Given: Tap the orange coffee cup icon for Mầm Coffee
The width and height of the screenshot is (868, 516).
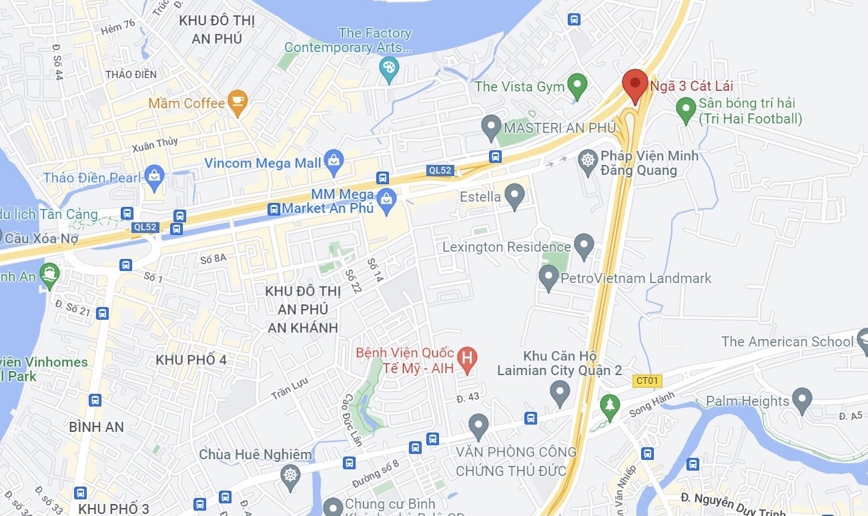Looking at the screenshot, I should coord(237,102).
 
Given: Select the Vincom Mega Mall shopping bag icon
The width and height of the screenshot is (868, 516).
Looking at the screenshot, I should coord(334,160).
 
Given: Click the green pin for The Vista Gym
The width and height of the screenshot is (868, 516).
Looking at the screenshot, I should coord(576,85).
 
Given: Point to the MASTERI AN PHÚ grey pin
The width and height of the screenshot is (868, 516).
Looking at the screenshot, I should coord(491,125).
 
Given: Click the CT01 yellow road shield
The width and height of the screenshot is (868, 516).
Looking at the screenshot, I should coord(646,380).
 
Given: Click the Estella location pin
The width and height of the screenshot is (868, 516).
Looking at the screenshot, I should coord(514,195).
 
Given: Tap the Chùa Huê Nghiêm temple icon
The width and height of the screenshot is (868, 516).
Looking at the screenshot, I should coord(290,475).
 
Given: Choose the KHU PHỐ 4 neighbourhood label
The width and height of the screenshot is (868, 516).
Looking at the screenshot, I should coord(191,360).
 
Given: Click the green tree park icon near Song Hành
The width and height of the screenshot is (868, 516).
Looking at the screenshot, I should coord(608,405).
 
